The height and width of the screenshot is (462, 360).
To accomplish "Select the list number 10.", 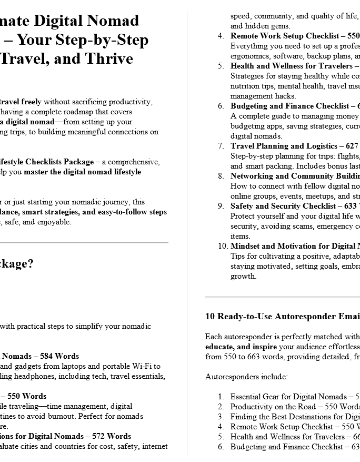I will pyautogui.click(x=222, y=246).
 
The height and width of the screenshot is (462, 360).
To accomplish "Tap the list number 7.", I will pyautogui.click(x=221, y=146).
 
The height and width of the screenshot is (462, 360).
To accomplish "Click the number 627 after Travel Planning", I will pyautogui.click(x=351, y=146).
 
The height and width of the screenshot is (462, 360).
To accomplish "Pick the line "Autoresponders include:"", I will pyautogui.click(x=246, y=377).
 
